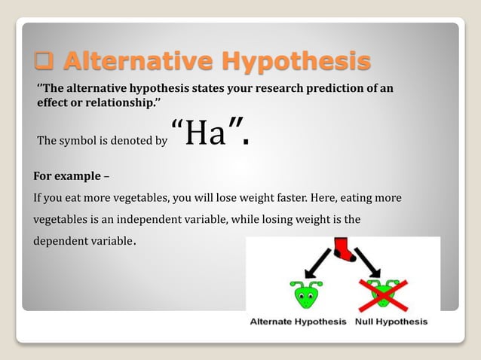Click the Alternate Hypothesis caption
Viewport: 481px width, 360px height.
pos(298,322)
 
